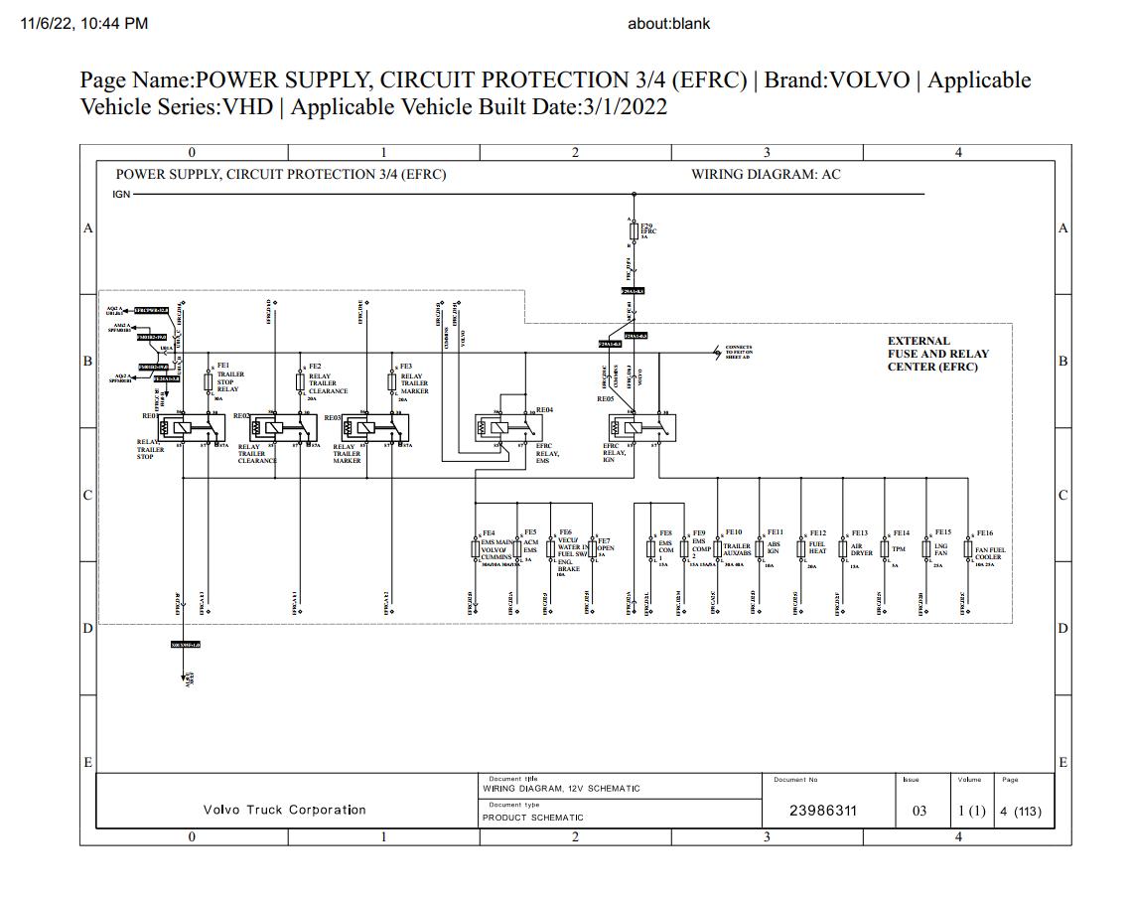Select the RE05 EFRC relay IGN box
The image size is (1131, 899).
click(x=641, y=428)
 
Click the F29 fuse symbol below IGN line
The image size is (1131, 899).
click(x=635, y=231)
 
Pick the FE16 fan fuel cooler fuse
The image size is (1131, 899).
click(x=969, y=549)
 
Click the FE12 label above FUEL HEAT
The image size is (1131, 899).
click(x=817, y=533)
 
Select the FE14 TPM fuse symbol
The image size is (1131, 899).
click(x=885, y=549)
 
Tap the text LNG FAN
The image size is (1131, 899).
click(x=940, y=549)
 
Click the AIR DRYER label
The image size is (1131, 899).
click(x=861, y=549)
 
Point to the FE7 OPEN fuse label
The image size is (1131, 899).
click(x=604, y=544)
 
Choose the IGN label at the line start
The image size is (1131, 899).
click(x=121, y=195)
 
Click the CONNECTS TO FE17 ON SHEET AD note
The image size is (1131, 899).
click(x=739, y=352)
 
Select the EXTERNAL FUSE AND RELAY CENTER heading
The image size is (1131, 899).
click(x=937, y=354)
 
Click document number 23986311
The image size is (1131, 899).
click(x=822, y=811)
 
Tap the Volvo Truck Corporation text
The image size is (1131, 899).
click(x=284, y=811)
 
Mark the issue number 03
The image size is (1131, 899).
click(x=919, y=811)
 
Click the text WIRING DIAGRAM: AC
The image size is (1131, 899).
click(x=766, y=175)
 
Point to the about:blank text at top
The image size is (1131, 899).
click(x=668, y=23)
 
